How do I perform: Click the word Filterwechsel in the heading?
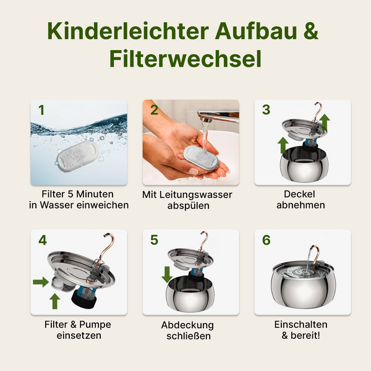click(x=185, y=59)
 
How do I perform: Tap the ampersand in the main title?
click(x=311, y=31)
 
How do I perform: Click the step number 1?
click(x=41, y=110)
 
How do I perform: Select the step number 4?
click(x=43, y=240)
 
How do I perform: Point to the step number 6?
click(x=266, y=240)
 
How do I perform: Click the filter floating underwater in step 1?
click(x=77, y=156)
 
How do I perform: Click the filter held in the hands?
click(x=201, y=158)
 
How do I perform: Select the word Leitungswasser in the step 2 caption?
click(x=195, y=195)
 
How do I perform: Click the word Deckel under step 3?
click(x=299, y=194)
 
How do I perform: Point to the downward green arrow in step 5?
click(x=167, y=274)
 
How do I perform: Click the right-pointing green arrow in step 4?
click(x=41, y=282)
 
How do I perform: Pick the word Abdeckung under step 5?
click(x=187, y=325)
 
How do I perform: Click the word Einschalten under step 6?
click(x=301, y=325)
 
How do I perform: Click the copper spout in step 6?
click(x=315, y=255)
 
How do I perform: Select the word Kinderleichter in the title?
click(x=128, y=31)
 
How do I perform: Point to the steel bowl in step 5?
click(x=190, y=294)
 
